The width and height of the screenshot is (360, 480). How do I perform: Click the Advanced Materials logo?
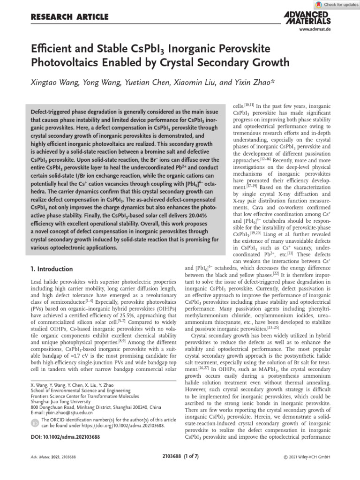point(307,18)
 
